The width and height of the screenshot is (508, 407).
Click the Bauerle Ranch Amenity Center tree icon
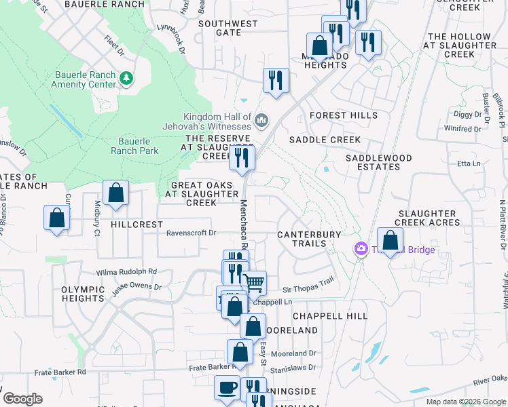coord(126,79)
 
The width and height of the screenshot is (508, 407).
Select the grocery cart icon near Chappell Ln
coord(255,283)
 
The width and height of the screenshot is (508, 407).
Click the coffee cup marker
coord(227,387)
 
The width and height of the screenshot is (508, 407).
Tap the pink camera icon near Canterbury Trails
coord(361,250)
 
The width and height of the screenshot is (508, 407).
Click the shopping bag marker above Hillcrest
coord(115,192)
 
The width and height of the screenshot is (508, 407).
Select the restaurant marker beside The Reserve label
coord(242,158)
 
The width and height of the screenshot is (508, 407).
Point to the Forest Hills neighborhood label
coord(343,115)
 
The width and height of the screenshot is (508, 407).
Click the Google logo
coord(22,399)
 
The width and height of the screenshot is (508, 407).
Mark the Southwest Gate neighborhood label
coord(228,28)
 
